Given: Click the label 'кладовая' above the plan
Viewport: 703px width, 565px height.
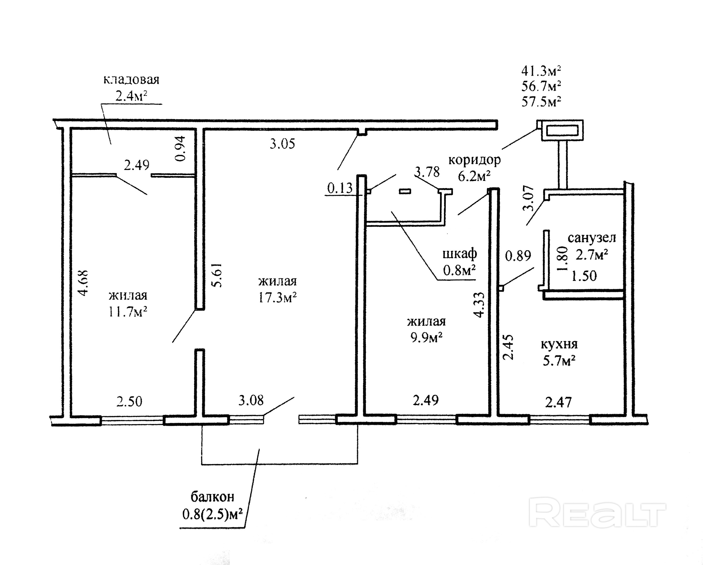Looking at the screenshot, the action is click(x=131, y=79).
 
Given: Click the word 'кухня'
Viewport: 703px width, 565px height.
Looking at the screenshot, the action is click(x=559, y=344).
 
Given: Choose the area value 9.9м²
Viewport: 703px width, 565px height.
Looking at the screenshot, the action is click(x=426, y=338).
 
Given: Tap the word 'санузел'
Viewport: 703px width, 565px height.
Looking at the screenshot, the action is click(x=592, y=238).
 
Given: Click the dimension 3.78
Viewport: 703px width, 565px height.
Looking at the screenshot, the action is click(x=427, y=172).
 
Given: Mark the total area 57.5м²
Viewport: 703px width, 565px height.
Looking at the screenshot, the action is click(x=541, y=101).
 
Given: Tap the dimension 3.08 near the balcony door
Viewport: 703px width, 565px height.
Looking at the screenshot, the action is click(x=251, y=400).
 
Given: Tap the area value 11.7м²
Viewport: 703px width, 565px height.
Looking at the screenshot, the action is click(x=127, y=312).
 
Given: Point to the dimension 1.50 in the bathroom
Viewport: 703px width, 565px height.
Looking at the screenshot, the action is click(x=584, y=276).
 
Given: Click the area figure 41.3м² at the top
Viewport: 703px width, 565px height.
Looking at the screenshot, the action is click(x=541, y=71).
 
